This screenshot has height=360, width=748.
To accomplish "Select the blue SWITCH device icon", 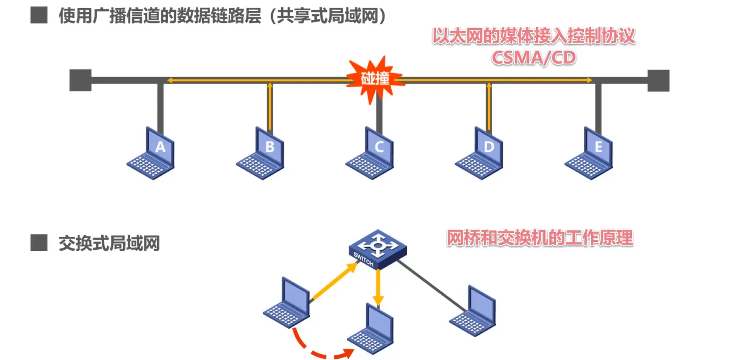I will tap(378, 249).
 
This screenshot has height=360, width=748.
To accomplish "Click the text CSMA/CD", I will tap(533, 58).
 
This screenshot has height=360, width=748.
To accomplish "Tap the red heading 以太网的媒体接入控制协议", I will tap(533, 36).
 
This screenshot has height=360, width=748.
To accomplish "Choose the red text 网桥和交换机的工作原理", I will tap(540, 238).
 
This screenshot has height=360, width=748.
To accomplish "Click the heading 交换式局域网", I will tap(109, 243).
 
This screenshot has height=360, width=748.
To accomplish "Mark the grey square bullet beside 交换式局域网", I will tap(39, 243).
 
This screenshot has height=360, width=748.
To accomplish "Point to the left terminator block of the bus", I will tap(80, 80).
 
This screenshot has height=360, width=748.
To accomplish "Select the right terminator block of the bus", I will tap(658, 80).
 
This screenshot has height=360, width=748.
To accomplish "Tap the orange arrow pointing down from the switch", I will tap(378, 287).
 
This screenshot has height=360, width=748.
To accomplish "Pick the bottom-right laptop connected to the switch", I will tap(473, 312).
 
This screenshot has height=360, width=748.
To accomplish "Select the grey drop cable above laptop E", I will tap(598, 105).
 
